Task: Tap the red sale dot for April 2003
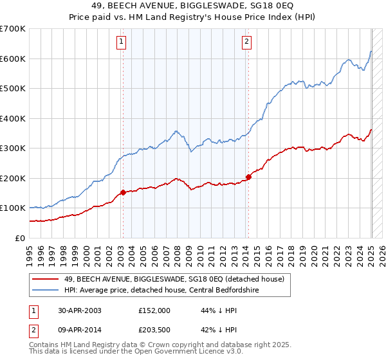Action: [x=123, y=192]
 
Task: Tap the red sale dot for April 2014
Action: [x=248, y=177]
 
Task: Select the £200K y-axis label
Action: [x=13, y=178]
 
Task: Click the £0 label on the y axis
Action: [x=20, y=238]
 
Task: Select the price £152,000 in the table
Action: [x=154, y=310]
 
